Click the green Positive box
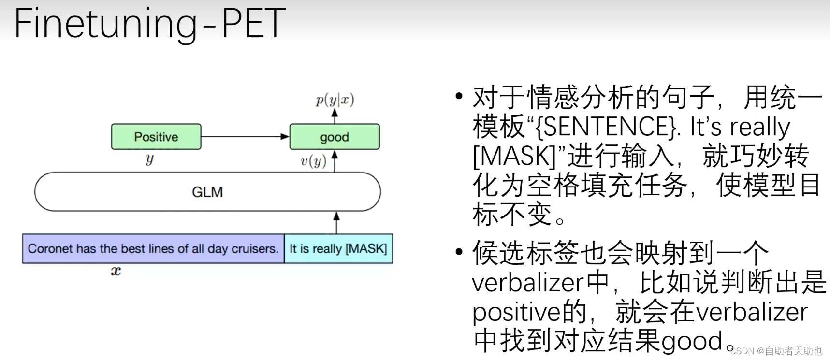pyautogui.click(x=156, y=137)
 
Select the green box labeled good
pyautogui.click(x=335, y=137)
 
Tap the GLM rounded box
pyautogui.click(x=207, y=192)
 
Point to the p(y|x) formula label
pyautogui.click(x=335, y=100)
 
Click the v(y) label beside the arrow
pyautogui.click(x=313, y=161)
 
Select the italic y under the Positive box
pyautogui.click(x=149, y=159)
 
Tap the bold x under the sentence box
pyautogui.click(x=116, y=271)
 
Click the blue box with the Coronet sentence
pyautogui.click(x=153, y=248)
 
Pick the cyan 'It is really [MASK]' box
pyautogui.click(x=338, y=248)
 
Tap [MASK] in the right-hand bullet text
pyautogui.click(x=514, y=157)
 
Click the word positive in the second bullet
pyautogui.click(x=511, y=312)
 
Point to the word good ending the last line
pyautogui.click(x=691, y=341)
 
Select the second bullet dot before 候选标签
pyautogui.click(x=459, y=251)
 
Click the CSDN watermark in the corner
pyautogui.click(x=776, y=351)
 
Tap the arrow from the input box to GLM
pyautogui.click(x=336, y=223)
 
